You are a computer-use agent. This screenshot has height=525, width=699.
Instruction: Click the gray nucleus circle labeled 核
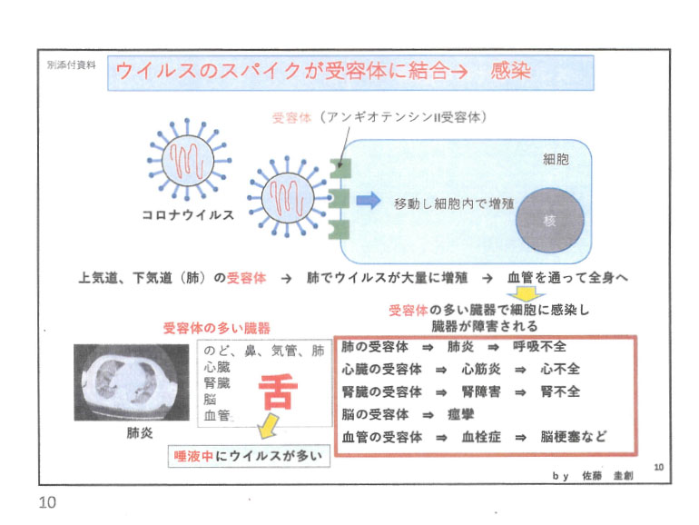click(550, 221)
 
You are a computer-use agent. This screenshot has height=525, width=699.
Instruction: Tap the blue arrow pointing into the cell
click(369, 201)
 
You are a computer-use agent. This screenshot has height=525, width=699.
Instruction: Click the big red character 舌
click(278, 391)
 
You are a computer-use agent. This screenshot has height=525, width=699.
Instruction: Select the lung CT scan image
click(132, 382)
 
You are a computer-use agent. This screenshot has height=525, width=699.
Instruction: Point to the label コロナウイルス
click(188, 215)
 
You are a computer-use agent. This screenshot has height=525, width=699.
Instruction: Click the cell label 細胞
click(556, 159)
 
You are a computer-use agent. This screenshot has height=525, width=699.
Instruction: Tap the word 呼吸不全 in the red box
click(540, 347)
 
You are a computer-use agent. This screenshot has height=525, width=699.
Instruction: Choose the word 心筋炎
click(481, 370)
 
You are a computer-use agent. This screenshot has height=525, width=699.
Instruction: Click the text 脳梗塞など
click(574, 436)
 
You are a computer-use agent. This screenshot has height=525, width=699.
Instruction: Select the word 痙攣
click(460, 414)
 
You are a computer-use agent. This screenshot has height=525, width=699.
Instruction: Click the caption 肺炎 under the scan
click(140, 432)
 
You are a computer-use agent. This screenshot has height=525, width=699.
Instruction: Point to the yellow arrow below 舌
click(268, 425)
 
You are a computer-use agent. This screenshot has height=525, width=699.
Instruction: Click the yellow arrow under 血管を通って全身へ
click(527, 294)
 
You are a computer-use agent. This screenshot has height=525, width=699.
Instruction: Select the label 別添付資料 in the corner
click(72, 65)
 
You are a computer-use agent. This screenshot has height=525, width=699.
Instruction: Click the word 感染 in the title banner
click(510, 71)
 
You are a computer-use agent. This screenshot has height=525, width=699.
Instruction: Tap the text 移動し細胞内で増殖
click(454, 203)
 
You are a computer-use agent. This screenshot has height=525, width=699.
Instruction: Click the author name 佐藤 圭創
click(607, 476)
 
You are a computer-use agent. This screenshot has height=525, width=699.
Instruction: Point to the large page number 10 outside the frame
click(48, 502)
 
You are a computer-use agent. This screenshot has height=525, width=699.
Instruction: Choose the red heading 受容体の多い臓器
click(217, 329)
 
